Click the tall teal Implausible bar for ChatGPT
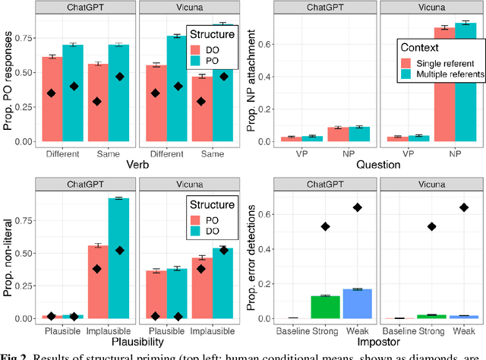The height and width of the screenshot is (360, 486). pos(119,258)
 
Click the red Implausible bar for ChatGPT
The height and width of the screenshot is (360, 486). pos(97,281)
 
